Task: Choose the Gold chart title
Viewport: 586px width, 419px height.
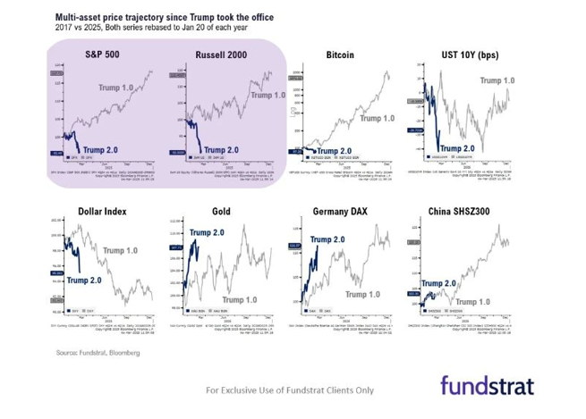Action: [x=221, y=212]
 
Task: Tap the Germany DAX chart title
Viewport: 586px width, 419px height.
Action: [x=341, y=212]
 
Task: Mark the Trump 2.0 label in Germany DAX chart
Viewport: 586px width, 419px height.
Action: [x=328, y=239]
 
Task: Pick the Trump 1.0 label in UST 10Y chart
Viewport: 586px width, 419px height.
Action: [x=498, y=80]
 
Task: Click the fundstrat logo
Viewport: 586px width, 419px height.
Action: [x=487, y=386]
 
